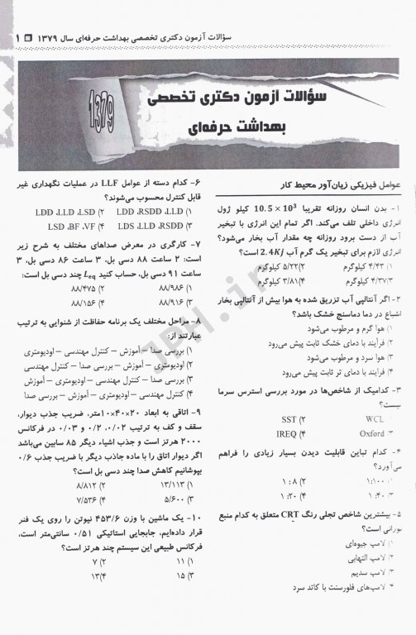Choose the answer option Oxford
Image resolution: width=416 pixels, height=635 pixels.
[x=372, y=432]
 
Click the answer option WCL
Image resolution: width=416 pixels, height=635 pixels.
[x=374, y=418]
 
